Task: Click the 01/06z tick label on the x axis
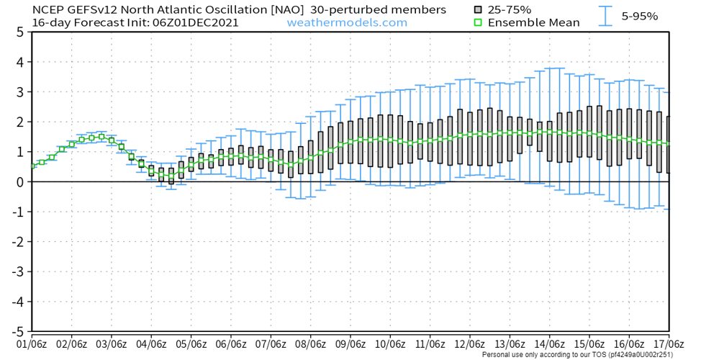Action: pos(32,344)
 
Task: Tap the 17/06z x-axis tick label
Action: pos(668,344)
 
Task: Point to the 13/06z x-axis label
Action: pos(509,344)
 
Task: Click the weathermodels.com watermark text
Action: pos(347,22)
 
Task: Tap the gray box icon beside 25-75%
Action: pos(478,10)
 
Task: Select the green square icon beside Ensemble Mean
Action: pos(478,22)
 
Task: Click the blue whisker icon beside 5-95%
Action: pos(608,16)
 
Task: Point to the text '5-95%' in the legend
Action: pos(639,16)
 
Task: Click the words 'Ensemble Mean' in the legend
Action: pos(533,22)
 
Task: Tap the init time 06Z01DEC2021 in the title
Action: pos(195,22)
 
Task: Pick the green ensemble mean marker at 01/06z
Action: pos(32,166)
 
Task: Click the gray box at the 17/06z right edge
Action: pos(668,144)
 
